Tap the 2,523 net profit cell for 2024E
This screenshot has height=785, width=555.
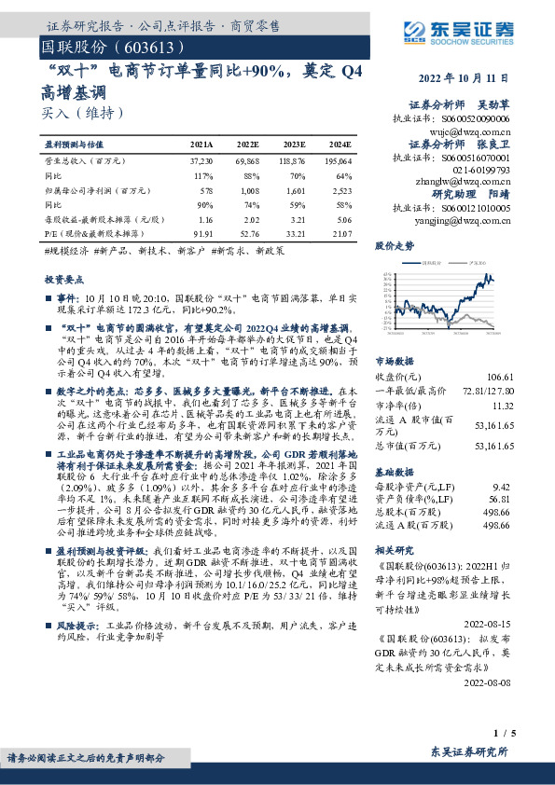(341, 189)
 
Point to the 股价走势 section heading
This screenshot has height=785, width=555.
(393, 247)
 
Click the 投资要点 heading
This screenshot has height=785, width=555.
(64, 279)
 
